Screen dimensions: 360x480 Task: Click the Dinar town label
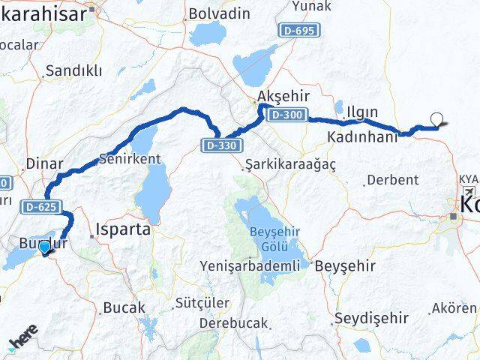(39, 163)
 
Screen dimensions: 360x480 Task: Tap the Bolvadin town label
(218, 13)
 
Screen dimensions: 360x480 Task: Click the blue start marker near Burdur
(45, 247)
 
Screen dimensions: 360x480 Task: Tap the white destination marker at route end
(437, 118)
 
